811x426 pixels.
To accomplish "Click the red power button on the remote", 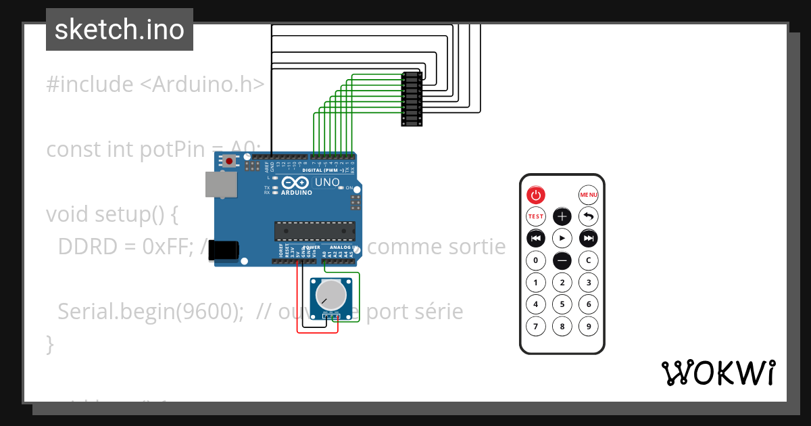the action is click(535, 195).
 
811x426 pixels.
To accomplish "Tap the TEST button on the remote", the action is click(535, 216).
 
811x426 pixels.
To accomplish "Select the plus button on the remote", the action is click(562, 216).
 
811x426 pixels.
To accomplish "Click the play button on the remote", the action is click(562, 238).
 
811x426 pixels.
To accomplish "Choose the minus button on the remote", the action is click(562, 260).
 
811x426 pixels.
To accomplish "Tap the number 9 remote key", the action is click(589, 327).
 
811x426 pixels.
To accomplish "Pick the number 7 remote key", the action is click(535, 327).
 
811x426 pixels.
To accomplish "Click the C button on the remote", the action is click(589, 260).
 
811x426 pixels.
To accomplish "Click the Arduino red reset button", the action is click(230, 161).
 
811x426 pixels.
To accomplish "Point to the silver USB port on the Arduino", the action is click(220, 184).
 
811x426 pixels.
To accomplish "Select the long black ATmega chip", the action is click(314, 231).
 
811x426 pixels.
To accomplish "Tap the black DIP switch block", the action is click(412, 99).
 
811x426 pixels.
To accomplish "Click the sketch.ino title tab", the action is click(120, 30).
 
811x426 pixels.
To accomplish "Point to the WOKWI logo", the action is click(718, 373).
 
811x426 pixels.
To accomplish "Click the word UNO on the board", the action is click(328, 182).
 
